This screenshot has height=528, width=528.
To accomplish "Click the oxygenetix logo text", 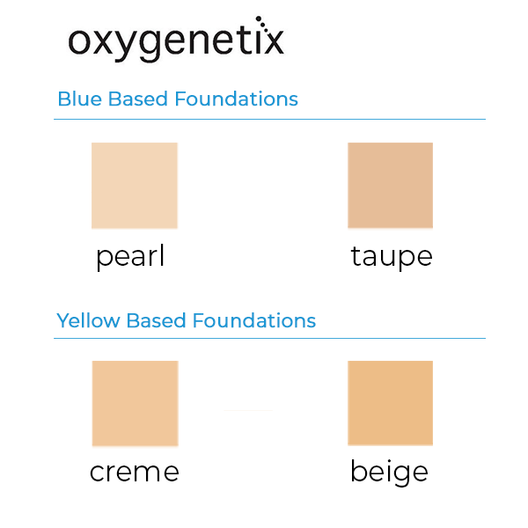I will tap(176, 41).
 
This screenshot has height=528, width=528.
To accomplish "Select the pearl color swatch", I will tap(135, 186).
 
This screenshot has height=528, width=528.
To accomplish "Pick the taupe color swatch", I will tap(391, 186).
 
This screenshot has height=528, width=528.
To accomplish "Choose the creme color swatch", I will tap(135, 403).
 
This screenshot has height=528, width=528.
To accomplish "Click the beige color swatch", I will tap(391, 403).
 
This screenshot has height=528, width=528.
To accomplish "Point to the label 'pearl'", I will tap(130, 257).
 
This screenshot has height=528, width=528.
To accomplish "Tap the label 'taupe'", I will tap(392, 257).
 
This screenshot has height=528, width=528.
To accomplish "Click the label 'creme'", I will tap(134, 473).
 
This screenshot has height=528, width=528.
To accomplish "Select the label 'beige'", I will tap(389, 473).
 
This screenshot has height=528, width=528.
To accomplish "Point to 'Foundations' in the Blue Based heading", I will tap(236, 99).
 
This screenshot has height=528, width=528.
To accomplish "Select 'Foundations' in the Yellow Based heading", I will tap(253, 320).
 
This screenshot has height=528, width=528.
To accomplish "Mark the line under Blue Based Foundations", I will tap(269, 119).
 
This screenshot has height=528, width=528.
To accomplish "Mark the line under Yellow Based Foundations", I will tap(269, 339).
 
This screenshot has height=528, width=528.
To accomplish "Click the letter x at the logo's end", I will tap(273, 42).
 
